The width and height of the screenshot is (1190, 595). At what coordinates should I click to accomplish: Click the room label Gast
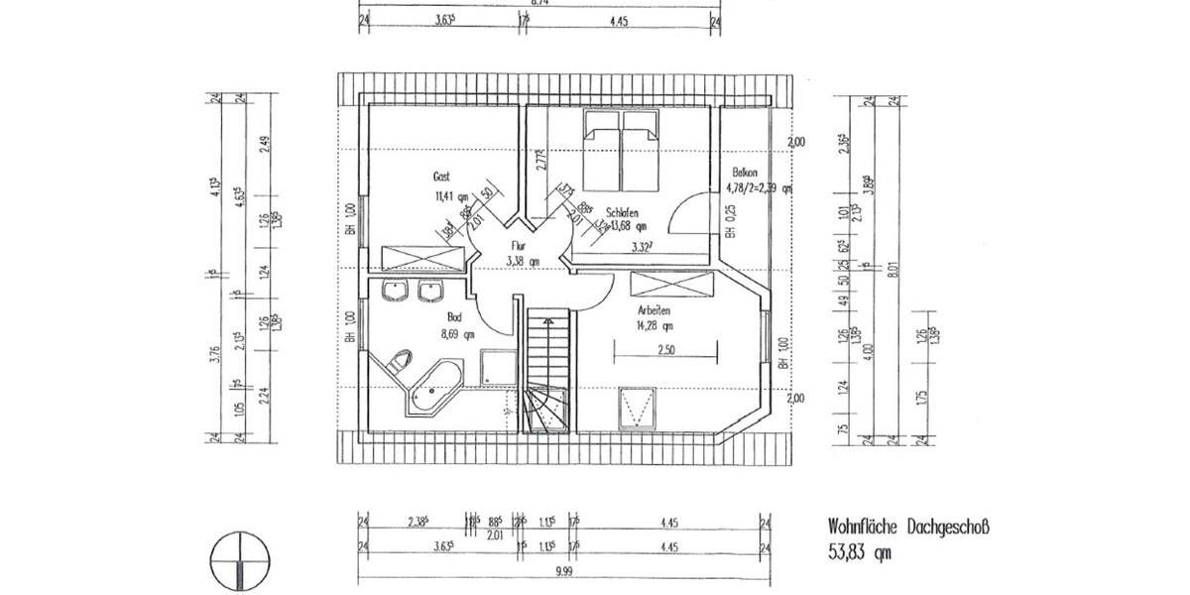pos(441,176)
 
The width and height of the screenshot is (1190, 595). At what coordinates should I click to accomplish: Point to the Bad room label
pos(454,316)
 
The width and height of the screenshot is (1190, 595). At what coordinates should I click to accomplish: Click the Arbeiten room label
pos(654,311)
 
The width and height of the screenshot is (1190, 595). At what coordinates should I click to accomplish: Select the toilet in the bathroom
pos(401,360)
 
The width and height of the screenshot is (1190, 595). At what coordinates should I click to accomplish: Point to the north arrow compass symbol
pos(240,560)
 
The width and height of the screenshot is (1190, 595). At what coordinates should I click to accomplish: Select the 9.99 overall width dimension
pos(563,571)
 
